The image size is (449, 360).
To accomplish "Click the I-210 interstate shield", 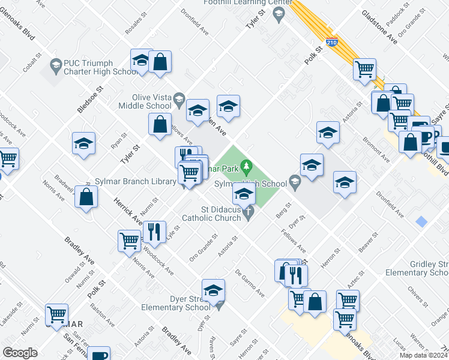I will point(332,43).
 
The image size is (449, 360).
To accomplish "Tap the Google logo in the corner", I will point(19,353).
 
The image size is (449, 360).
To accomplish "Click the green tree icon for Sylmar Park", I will point(246,164).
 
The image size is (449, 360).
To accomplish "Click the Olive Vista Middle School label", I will point(152,101).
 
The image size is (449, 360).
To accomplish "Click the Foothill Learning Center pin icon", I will point(278,16).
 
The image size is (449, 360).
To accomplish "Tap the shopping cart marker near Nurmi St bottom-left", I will point(56,315).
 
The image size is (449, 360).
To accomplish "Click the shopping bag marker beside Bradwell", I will point(86,197).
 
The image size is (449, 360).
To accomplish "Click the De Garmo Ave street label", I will point(250,283).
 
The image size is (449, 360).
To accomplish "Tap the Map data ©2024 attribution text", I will point(423,355).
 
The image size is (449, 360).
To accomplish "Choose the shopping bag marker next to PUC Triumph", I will point(160,62).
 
